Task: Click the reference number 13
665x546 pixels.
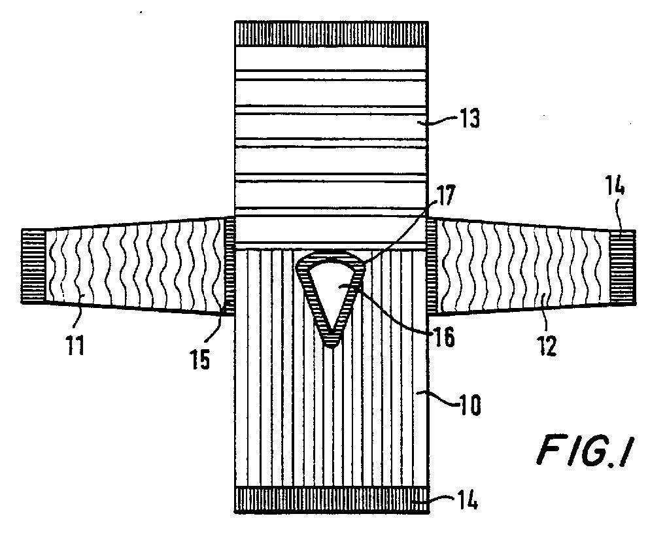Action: click(469, 120)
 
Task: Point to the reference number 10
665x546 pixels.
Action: click(468, 403)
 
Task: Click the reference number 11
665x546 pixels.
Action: click(75, 344)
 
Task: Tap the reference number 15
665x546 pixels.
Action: click(201, 359)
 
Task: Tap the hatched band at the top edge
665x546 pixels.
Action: click(332, 33)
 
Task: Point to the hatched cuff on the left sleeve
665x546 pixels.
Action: click(32, 266)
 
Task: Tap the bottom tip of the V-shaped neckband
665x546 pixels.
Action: click(332, 341)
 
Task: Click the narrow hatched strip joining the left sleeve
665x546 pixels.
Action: click(229, 265)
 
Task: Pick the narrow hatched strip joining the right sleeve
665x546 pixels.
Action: click(432, 265)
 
